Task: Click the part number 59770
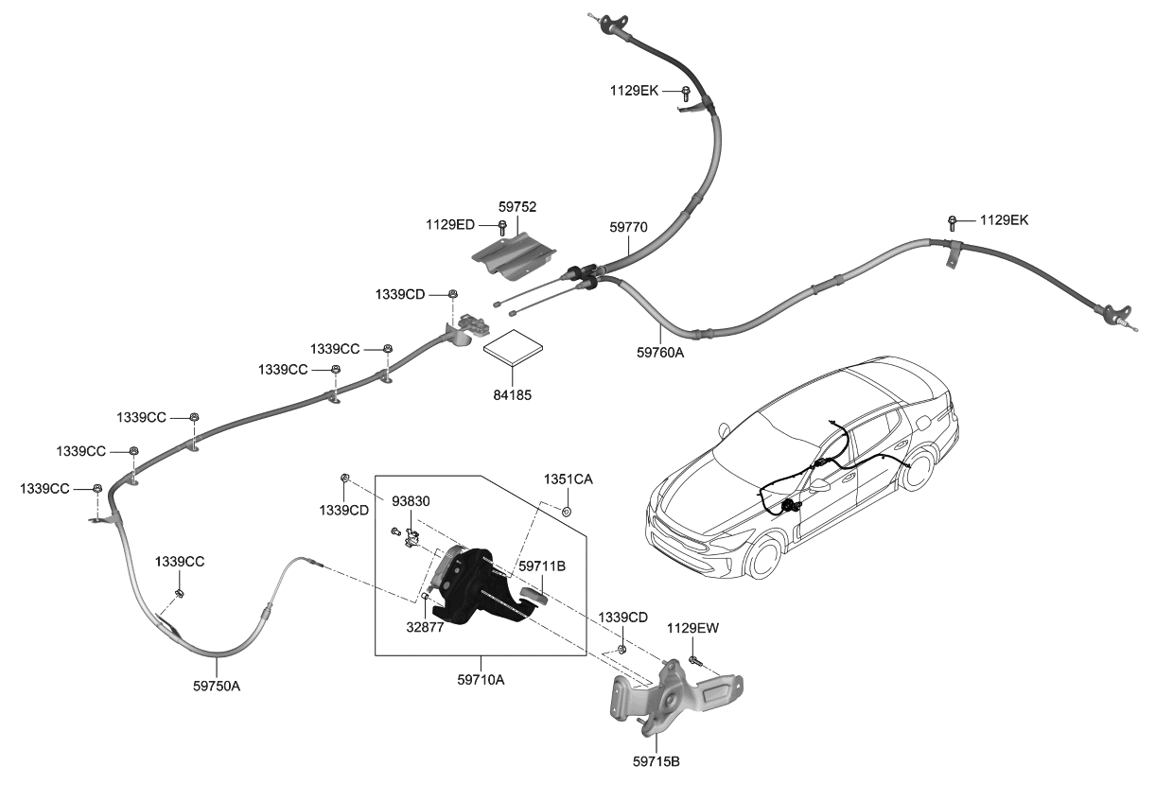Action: [627, 227]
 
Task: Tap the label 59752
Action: [516, 205]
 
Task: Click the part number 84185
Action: [512, 393]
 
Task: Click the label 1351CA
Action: [568, 479]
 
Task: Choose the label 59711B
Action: [541, 566]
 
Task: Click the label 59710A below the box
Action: [481, 678]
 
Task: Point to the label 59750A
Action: [216, 686]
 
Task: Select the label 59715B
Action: [656, 759]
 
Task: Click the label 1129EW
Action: [692, 627]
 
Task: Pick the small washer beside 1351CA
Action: [567, 512]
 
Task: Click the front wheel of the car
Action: [764, 557]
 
